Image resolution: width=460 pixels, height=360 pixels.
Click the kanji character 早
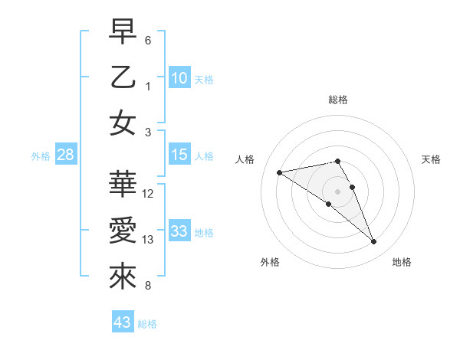point(123,33)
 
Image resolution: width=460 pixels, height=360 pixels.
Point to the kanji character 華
point(123,185)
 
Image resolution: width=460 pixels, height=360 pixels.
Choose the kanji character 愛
point(123,231)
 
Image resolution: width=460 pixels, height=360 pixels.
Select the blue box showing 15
point(179,155)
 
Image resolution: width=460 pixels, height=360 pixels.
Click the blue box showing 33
point(179,231)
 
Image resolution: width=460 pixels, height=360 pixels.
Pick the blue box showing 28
point(65,155)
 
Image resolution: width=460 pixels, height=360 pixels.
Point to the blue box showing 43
point(122,322)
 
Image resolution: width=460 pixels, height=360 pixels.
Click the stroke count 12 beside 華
point(148,194)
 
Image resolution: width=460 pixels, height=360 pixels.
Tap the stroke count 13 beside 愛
point(148,240)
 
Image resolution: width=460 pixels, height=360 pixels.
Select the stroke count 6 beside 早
point(148,40)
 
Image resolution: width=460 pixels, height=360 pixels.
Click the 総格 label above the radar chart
point(337,100)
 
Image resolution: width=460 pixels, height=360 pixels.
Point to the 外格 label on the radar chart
point(270,262)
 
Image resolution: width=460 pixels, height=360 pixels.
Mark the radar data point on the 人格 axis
point(280,172)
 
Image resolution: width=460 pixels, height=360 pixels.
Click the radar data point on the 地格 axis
point(374,242)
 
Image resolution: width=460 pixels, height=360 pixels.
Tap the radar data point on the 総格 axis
point(337,162)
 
